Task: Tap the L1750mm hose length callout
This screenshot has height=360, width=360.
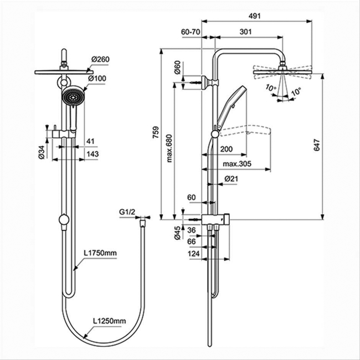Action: (x=101, y=253)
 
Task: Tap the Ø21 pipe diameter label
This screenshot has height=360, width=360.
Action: (x=231, y=179)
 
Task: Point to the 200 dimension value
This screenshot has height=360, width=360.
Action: (x=226, y=149)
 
